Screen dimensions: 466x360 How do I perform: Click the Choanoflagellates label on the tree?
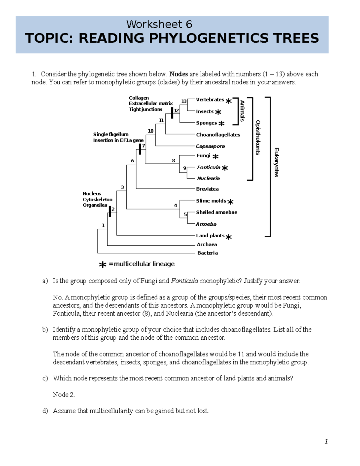(x=218, y=135)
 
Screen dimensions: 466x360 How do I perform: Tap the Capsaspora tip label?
(x=210, y=146)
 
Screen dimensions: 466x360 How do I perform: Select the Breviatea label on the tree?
(x=207, y=189)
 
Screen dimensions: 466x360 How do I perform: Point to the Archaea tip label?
(x=207, y=245)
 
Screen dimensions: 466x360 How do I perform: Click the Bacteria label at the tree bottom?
(x=207, y=253)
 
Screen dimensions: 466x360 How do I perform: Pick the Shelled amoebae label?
(x=216, y=212)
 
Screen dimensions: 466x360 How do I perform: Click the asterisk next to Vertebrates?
(x=229, y=101)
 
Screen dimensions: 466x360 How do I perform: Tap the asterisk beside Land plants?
(x=229, y=237)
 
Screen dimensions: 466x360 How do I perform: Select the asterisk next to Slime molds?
(x=230, y=202)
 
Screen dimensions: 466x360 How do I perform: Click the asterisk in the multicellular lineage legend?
(x=103, y=265)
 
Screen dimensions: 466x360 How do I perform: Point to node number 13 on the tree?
(x=184, y=101)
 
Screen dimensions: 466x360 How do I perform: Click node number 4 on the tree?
(x=175, y=206)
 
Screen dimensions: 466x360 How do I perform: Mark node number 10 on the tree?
(x=151, y=131)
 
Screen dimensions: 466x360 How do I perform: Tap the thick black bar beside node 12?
(x=172, y=113)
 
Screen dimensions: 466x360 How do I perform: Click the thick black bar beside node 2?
(x=110, y=212)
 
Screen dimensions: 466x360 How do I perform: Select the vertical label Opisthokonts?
(x=258, y=137)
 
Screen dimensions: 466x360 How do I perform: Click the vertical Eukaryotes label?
(x=276, y=162)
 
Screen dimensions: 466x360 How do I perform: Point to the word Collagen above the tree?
(x=139, y=98)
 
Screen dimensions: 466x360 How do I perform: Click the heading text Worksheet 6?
(x=159, y=24)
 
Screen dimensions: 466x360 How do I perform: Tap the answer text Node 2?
(x=64, y=395)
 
